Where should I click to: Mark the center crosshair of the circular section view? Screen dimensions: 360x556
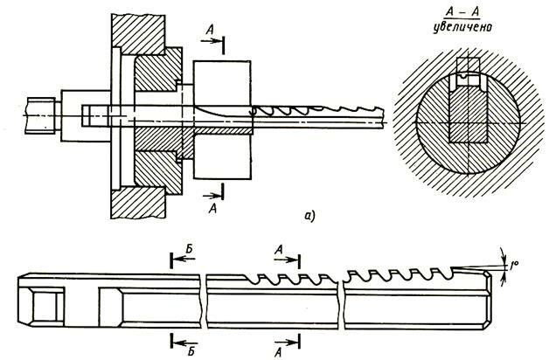coord(468,121)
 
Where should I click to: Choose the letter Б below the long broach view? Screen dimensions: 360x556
coord(187,343)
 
